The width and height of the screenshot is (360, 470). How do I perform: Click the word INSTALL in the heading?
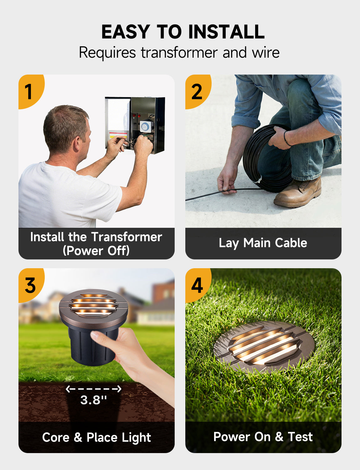click(x=226, y=32)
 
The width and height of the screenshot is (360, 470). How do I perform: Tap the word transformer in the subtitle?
click(x=179, y=53)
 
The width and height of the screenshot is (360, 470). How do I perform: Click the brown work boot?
click(x=298, y=192)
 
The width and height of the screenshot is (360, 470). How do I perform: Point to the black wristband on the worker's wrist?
click(x=286, y=138)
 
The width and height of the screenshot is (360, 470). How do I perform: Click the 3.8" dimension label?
click(x=94, y=400)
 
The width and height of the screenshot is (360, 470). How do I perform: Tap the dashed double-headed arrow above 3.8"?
click(x=93, y=389)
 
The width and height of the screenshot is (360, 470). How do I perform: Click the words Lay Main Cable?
click(x=263, y=243)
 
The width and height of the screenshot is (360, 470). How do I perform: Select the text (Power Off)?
click(x=96, y=250)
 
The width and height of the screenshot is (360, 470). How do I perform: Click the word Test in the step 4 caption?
click(x=300, y=436)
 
